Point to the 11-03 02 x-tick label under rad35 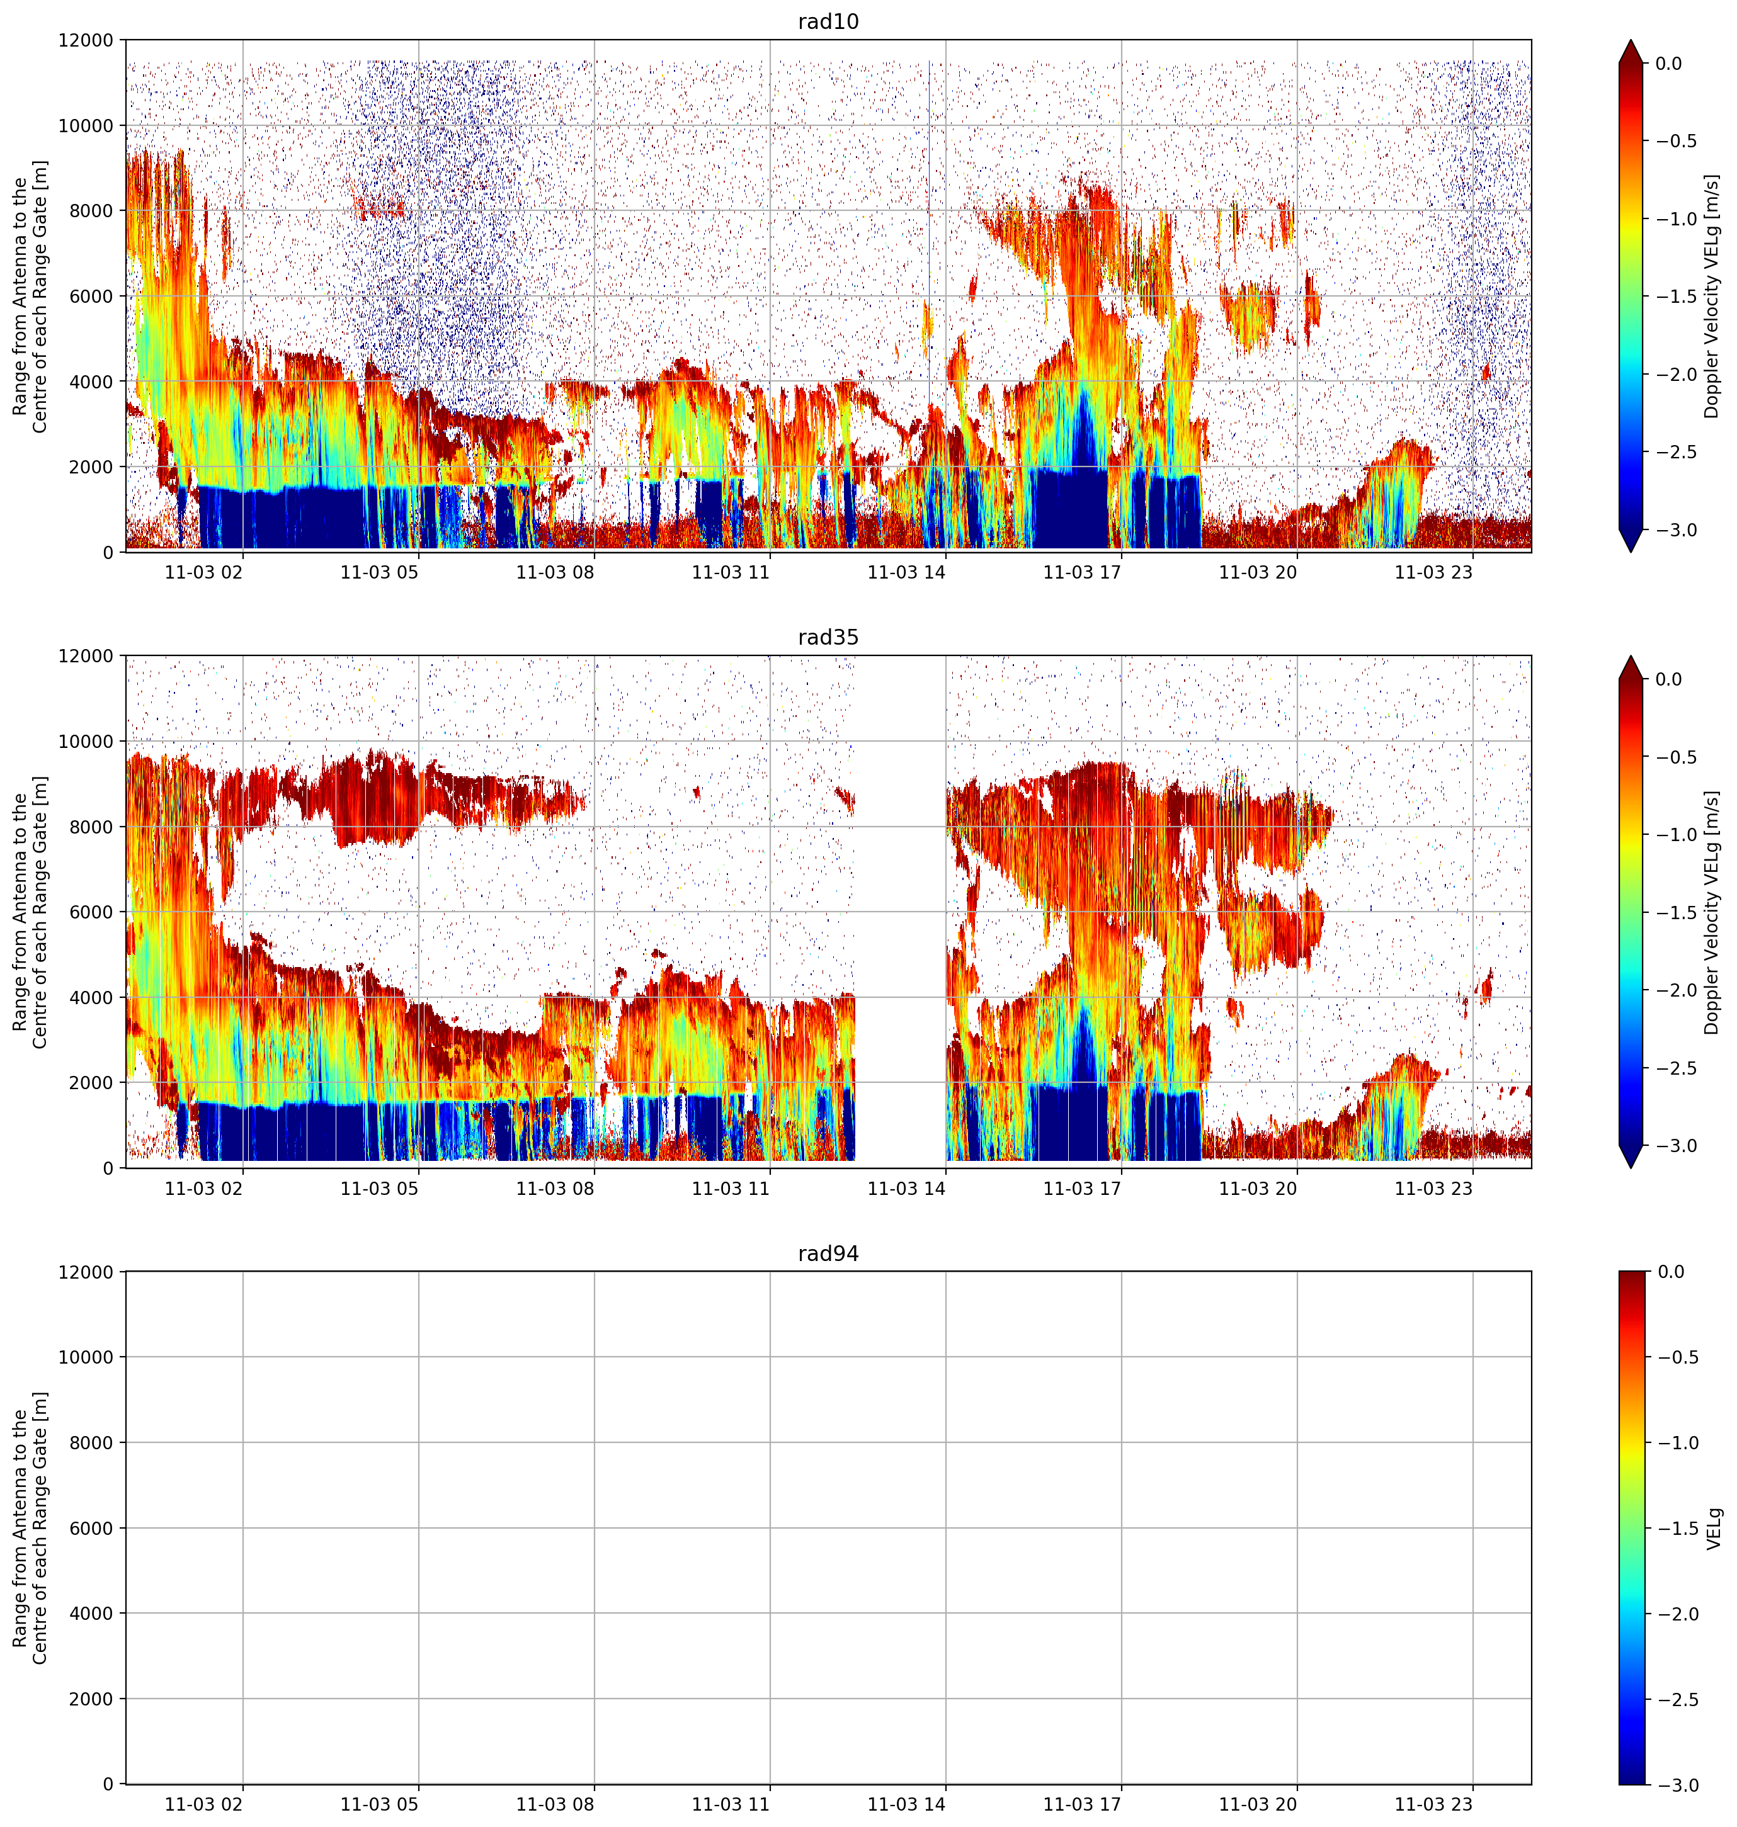[x=203, y=1187]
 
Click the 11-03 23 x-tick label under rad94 [x=1433, y=1804]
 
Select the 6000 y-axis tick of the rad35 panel [x=95, y=912]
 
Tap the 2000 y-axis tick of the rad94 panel [x=95, y=1699]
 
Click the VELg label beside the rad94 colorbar [x=1715, y=1528]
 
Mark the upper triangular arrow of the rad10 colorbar [x=1631, y=51]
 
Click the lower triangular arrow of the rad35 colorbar [x=1631, y=1156]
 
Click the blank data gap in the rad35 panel [x=900, y=912]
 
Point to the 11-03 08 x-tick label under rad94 [x=555, y=1804]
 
